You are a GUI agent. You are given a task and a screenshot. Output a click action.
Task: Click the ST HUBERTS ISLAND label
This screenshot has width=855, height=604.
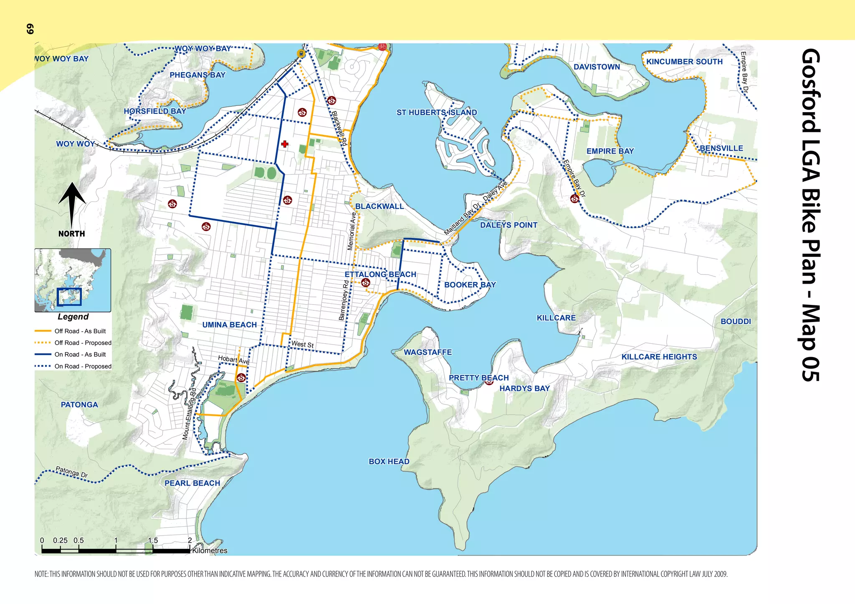[437, 113]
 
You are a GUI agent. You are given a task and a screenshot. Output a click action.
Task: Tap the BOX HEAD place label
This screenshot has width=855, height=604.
[389, 461]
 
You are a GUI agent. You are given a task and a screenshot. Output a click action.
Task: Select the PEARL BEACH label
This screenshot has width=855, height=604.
[192, 483]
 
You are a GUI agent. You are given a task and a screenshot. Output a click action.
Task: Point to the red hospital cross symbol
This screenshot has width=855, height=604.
[285, 144]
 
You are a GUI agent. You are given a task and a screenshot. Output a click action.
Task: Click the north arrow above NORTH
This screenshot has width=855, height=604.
[72, 204]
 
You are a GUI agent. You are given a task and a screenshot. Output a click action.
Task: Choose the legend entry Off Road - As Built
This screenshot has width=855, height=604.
[80, 331]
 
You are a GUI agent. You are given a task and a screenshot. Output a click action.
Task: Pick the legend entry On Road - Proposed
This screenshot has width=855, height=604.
[83, 366]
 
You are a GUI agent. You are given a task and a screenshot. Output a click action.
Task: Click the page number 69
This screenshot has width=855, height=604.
[30, 29]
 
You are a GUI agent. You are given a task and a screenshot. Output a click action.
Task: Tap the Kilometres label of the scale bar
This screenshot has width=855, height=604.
[210, 551]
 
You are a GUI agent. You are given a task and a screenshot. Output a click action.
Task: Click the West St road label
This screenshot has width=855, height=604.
[302, 344]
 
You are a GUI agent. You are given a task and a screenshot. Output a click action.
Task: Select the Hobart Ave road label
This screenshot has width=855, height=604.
[234, 360]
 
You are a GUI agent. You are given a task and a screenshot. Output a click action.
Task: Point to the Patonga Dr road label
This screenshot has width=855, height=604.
[72, 472]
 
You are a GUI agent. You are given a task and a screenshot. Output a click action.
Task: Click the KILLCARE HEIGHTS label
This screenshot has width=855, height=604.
[659, 357]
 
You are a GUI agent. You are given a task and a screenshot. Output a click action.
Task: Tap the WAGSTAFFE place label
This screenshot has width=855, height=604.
[427, 352]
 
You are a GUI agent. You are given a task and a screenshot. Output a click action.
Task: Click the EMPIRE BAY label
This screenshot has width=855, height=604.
[610, 151]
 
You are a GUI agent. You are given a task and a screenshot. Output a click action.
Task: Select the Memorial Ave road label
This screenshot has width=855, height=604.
[352, 232]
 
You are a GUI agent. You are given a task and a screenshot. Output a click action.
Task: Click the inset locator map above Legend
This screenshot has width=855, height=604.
[73, 280]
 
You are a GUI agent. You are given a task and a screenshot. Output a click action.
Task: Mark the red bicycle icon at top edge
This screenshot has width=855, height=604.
[382, 47]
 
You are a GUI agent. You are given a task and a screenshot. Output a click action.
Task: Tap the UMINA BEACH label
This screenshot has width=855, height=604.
[229, 325]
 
